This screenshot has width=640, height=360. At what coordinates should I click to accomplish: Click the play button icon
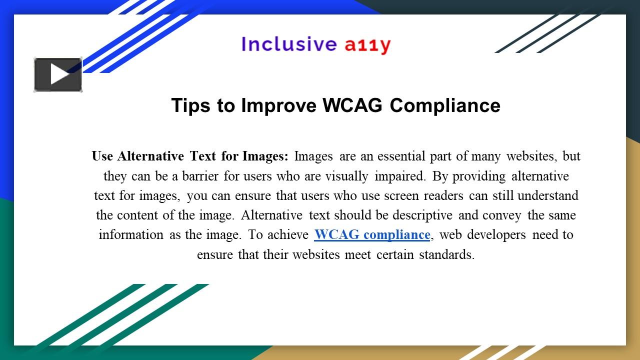pyautogui.click(x=58, y=75)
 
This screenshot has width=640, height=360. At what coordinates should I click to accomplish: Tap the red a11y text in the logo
pyautogui.click(x=367, y=45)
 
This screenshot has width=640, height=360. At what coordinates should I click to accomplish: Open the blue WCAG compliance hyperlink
pyautogui.click(x=372, y=234)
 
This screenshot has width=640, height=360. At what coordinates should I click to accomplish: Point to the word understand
pyautogui.click(x=548, y=195)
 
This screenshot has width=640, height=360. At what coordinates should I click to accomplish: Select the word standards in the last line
pyautogui.click(x=446, y=254)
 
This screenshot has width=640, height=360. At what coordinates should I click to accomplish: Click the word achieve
pyautogui.click(x=287, y=234)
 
